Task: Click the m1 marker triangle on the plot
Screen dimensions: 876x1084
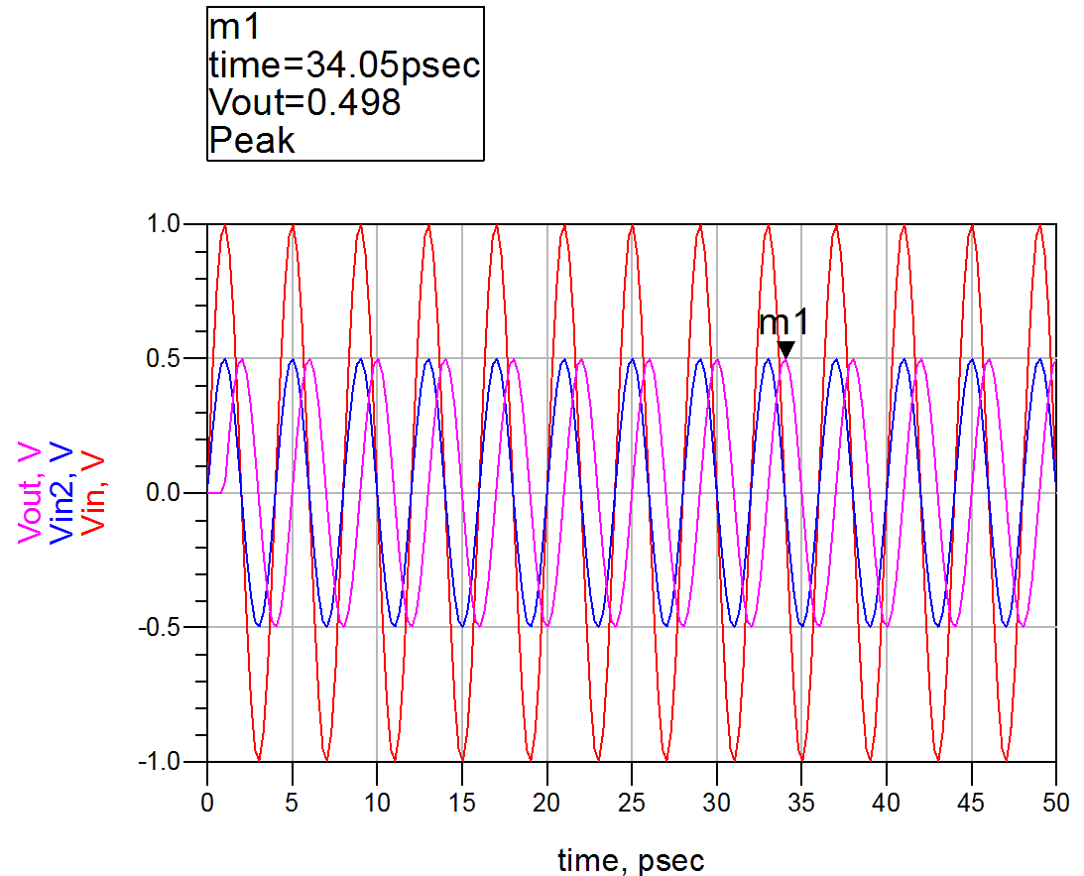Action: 785,349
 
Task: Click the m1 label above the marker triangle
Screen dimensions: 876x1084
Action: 784,322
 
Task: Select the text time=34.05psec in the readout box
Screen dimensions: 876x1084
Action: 344,65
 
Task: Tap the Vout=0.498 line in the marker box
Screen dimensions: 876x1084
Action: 305,102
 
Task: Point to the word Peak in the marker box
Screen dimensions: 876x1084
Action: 252,140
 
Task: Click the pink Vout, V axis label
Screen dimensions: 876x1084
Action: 30,493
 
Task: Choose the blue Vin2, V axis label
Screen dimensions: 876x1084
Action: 61,493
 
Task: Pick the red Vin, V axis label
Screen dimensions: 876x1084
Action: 92,493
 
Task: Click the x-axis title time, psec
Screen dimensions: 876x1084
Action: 631,859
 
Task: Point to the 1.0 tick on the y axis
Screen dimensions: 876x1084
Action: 175,224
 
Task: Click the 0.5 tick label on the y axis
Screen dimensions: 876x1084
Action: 175,358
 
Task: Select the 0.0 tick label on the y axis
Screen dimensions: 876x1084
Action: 175,493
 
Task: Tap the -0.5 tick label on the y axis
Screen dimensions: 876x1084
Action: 170,627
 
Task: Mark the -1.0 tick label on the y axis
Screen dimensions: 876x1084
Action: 170,762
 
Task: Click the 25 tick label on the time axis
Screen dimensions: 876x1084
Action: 632,800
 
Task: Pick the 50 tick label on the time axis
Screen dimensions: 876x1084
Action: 1056,800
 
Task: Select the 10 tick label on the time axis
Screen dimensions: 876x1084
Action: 377,800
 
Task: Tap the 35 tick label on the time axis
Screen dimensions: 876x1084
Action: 801,800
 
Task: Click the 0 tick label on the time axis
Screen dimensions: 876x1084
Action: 207,800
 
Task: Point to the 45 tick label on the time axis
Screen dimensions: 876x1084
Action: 971,800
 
